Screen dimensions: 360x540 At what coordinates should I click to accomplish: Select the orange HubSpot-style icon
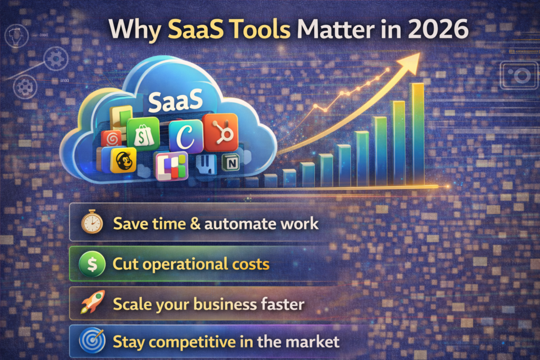[x=221, y=132]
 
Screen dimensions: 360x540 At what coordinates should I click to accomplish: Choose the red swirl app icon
[x=112, y=139]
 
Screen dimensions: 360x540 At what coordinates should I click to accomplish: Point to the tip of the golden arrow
[x=419, y=54]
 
